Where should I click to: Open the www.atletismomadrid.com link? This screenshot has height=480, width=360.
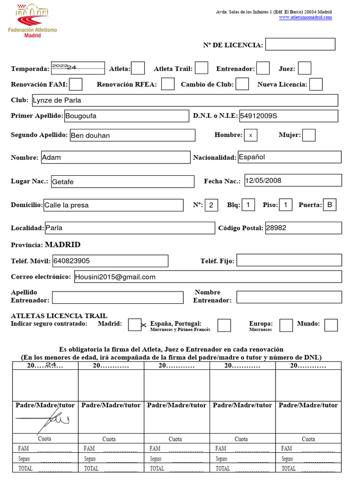pos(305,17)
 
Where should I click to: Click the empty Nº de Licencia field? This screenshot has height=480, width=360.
pos(300,45)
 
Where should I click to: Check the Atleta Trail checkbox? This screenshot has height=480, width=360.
pos(202,68)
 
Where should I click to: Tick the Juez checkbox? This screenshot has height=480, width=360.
pos(305,68)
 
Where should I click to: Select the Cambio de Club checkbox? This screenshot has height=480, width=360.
pos(242,84)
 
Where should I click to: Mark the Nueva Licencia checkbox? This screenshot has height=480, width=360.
pos(316,84)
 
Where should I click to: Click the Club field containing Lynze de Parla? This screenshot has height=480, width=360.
pos(184,100)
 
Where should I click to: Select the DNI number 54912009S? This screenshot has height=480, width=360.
pos(259,116)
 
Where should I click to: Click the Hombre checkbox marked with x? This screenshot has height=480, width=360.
pos(251,135)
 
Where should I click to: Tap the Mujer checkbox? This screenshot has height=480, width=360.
pos(309,135)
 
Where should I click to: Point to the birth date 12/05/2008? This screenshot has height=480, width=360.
pos(263,180)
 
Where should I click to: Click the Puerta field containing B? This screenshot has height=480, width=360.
pos(330,205)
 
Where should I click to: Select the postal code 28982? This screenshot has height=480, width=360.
pos(276,228)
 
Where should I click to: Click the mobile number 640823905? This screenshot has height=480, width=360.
pos(72,261)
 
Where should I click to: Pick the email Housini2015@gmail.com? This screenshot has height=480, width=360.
pos(115,277)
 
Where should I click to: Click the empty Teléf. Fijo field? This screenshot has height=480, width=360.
pos(289,261)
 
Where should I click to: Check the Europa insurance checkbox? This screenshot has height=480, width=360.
pos(286,325)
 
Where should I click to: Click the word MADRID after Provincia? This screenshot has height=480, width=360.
pos(62,245)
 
